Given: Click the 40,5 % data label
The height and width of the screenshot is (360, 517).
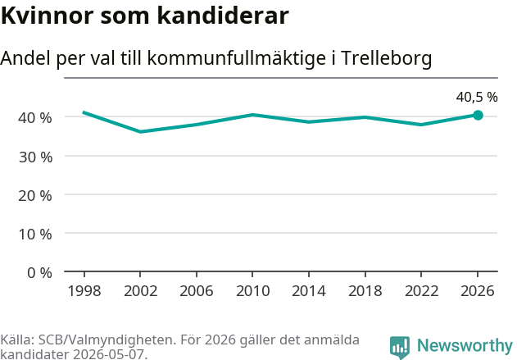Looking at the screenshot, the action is (x=477, y=97).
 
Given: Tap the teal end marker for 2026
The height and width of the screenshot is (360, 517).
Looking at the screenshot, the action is (x=478, y=115).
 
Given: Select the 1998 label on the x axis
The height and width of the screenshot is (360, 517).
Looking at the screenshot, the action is (x=84, y=291).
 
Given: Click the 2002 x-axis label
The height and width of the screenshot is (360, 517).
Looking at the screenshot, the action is (x=140, y=291).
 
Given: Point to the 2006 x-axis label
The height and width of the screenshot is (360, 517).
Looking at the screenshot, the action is (x=197, y=291).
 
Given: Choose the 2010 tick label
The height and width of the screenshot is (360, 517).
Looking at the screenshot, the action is (x=253, y=291).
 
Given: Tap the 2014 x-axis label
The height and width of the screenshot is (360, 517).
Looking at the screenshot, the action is (x=309, y=291).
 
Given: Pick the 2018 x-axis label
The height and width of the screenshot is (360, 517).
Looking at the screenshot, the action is (x=365, y=291).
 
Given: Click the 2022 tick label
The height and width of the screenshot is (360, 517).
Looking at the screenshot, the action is (x=421, y=291).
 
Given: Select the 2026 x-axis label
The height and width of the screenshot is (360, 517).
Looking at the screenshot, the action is (x=478, y=291).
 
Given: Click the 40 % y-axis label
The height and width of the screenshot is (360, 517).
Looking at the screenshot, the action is (x=35, y=118).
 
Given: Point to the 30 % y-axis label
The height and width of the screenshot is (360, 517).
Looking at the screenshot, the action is (x=35, y=157).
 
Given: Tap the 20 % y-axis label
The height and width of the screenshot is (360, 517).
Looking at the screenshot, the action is (x=35, y=196).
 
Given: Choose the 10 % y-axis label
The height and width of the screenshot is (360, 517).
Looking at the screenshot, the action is (x=35, y=235).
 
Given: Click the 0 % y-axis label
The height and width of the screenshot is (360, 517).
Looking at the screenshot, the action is (x=39, y=273).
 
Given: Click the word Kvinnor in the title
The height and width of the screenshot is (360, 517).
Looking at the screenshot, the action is (x=48, y=16).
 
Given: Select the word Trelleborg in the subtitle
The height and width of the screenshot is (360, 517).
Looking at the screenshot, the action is (x=387, y=58).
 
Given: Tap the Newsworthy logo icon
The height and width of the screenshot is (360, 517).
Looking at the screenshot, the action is (x=400, y=347).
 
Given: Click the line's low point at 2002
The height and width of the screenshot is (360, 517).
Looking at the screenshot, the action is (x=140, y=132).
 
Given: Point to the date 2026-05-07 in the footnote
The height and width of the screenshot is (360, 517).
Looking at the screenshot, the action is (x=108, y=354).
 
